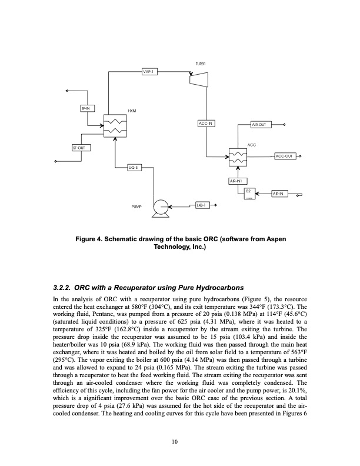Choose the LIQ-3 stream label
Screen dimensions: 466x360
pos(134,168)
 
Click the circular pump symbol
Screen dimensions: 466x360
pos(159,207)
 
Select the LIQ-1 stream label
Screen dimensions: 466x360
pos(202,205)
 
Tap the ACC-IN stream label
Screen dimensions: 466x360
pos(206,123)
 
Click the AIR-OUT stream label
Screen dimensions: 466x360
pos(259,125)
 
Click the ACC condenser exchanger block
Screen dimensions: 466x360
pos(238,156)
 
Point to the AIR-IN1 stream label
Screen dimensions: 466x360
pos(238,181)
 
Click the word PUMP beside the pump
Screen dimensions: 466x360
pos(137,207)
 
